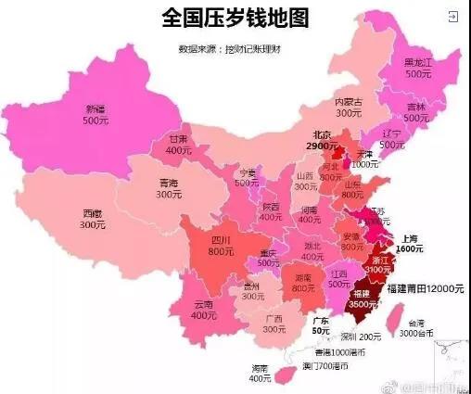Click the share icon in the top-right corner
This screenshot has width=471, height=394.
pyautogui.click(x=452, y=17)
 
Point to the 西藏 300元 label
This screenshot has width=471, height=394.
pyautogui.click(x=93, y=219)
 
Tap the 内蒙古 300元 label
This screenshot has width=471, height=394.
pyautogui.click(x=349, y=107)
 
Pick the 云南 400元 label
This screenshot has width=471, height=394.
pyautogui.click(x=204, y=310)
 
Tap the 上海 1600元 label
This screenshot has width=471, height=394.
pyautogui.click(x=410, y=243)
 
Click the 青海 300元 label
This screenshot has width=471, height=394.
pyautogui.click(x=169, y=189)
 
